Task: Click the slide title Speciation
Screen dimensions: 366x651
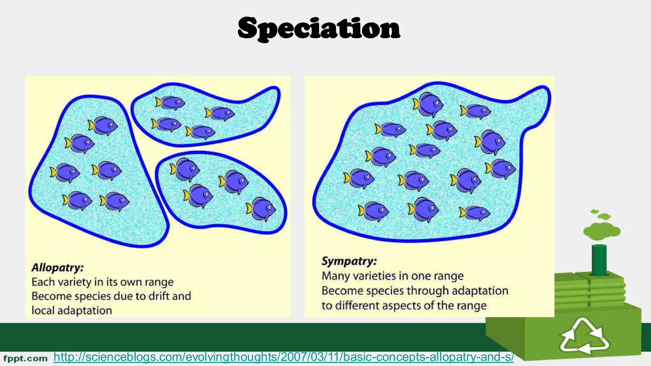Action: click(319, 29)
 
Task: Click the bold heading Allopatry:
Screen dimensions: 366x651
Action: click(58, 268)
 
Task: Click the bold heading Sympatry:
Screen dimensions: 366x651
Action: click(349, 261)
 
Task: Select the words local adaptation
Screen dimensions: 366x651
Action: click(72, 310)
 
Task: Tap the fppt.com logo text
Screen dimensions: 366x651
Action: click(25, 359)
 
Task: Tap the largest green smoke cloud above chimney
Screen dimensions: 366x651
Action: click(601, 231)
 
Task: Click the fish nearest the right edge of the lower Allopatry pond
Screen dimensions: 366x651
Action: click(261, 209)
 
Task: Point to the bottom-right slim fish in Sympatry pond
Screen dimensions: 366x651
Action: click(475, 213)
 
